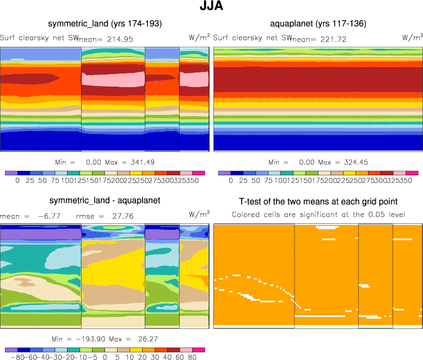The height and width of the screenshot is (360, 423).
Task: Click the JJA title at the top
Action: [x=211, y=7]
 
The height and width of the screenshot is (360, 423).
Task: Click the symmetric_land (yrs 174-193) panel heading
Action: [x=105, y=24]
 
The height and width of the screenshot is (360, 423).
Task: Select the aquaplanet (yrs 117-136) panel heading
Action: [x=318, y=24]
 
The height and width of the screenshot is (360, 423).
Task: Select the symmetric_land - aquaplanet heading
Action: [x=105, y=201]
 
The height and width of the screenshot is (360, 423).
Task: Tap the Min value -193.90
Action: [x=97, y=339]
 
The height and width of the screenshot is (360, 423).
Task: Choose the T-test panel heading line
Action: [x=318, y=202]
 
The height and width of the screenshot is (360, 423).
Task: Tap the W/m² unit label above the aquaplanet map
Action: [x=413, y=38]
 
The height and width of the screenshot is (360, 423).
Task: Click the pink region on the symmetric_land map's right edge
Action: [x=194, y=79]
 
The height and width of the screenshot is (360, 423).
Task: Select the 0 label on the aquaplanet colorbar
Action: [x=231, y=180]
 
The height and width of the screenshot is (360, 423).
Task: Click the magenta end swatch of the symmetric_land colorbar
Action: [x=199, y=173]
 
